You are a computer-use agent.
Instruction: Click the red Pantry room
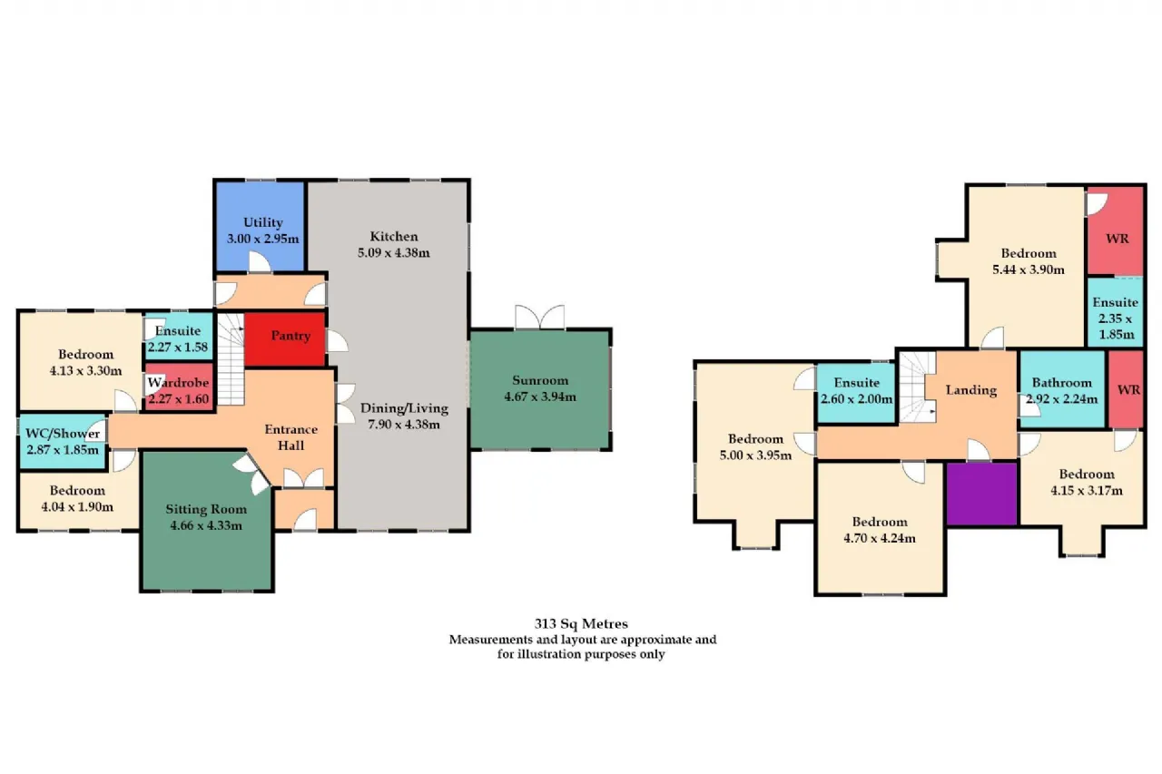tap(285, 339)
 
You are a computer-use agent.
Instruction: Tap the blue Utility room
tap(260, 226)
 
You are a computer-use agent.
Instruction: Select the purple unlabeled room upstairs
tap(981, 494)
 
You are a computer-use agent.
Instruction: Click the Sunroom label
tap(540, 380)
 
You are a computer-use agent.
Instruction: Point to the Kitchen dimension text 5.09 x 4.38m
tap(393, 253)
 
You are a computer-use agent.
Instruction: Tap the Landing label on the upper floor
tap(971, 390)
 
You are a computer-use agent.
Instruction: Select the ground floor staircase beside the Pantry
tap(231, 359)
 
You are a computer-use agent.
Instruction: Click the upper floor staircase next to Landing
tap(917, 387)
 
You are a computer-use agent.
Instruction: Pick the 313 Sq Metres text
tap(581, 623)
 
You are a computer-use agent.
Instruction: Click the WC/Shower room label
tap(63, 434)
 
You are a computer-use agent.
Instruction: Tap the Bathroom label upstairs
tap(1062, 383)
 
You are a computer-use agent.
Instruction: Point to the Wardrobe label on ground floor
tap(178, 383)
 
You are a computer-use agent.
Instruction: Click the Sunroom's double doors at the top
tap(539, 317)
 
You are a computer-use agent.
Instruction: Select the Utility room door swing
tap(260, 261)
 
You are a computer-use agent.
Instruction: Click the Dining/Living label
tap(404, 408)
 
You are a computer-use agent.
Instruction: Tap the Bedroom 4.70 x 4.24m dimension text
tap(880, 538)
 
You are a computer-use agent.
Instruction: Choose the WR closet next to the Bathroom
tap(1127, 389)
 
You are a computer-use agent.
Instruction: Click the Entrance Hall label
tap(290, 437)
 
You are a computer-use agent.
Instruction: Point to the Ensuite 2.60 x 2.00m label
tap(856, 391)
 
